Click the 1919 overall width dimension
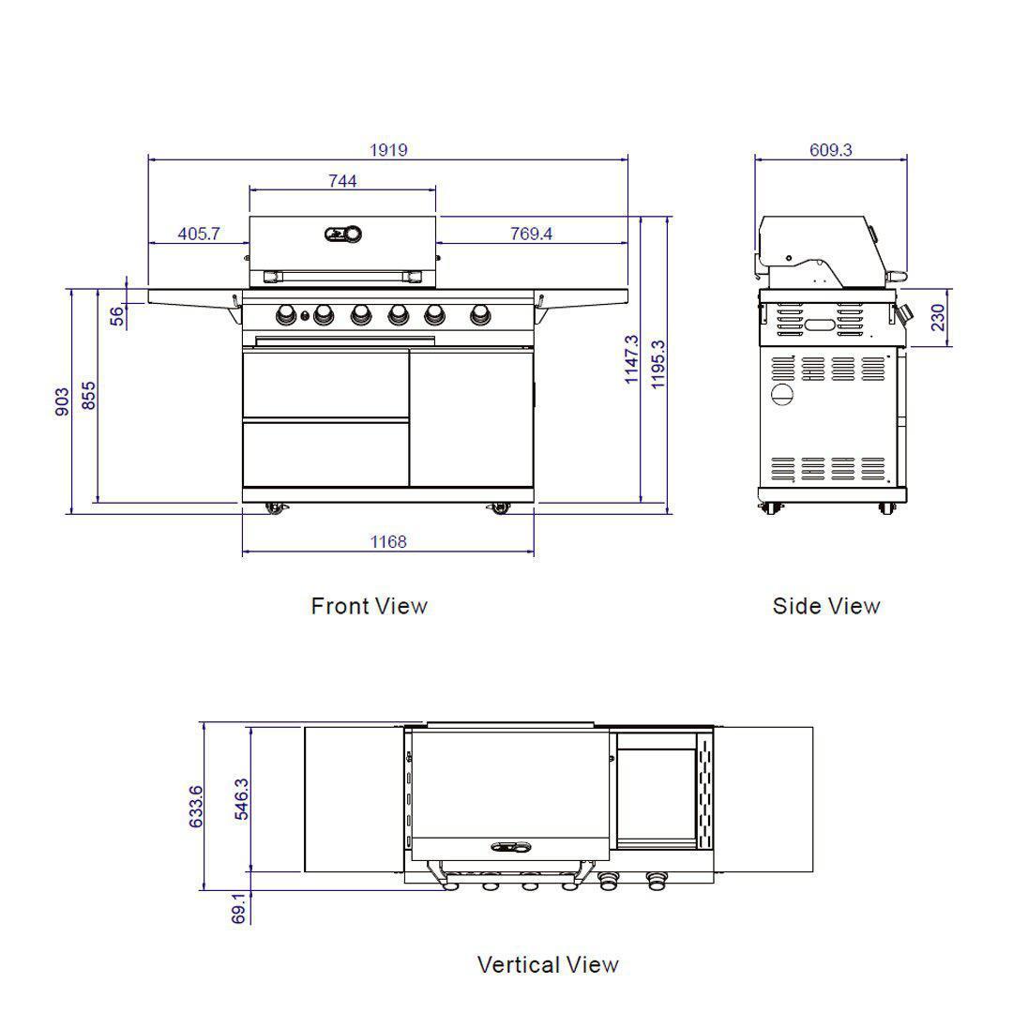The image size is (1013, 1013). pyautogui.click(x=388, y=150)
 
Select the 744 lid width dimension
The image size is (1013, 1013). pyautogui.click(x=342, y=181)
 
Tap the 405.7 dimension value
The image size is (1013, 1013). pyautogui.click(x=199, y=234)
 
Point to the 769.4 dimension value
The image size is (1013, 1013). pyautogui.click(x=531, y=234)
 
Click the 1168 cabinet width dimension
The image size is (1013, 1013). pyautogui.click(x=388, y=541)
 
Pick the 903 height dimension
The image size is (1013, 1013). pyautogui.click(x=62, y=401)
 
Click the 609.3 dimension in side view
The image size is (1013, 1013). pyautogui.click(x=830, y=150)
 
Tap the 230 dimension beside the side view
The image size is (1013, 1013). pyautogui.click(x=938, y=318)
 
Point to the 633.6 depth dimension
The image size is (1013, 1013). pyautogui.click(x=195, y=806)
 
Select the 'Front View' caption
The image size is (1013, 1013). pyautogui.click(x=369, y=606)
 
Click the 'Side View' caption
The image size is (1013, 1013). pyautogui.click(x=826, y=606)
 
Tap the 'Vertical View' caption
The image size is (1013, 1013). pyautogui.click(x=548, y=964)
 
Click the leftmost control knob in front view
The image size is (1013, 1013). pyautogui.click(x=286, y=314)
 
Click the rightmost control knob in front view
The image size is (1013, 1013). pyautogui.click(x=479, y=313)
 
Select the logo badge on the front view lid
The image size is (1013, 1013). pyautogui.click(x=343, y=234)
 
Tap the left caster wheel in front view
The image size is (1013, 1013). pyautogui.click(x=276, y=507)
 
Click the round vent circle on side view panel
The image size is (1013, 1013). pyautogui.click(x=782, y=395)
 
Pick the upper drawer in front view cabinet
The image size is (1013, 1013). pyautogui.click(x=325, y=385)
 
